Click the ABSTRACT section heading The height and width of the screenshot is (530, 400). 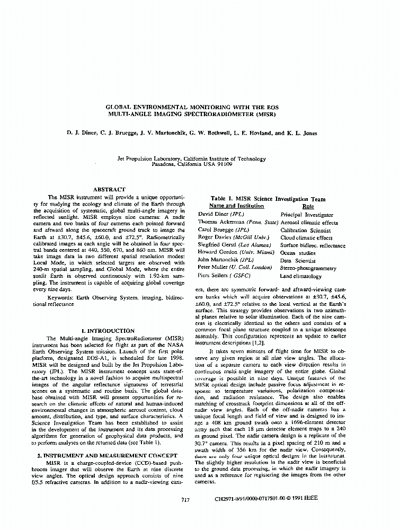coord(109,189)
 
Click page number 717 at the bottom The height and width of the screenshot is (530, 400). coord(185,500)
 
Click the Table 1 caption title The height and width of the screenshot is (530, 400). coord(268,199)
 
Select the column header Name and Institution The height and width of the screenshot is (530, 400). coord(236,206)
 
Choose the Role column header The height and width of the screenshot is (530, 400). coord(308,206)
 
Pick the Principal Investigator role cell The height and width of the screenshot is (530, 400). coord(307,215)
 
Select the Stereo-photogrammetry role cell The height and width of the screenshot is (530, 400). coord(308,268)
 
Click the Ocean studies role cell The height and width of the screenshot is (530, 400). coord(298,253)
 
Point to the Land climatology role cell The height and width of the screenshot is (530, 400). coord(301,276)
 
